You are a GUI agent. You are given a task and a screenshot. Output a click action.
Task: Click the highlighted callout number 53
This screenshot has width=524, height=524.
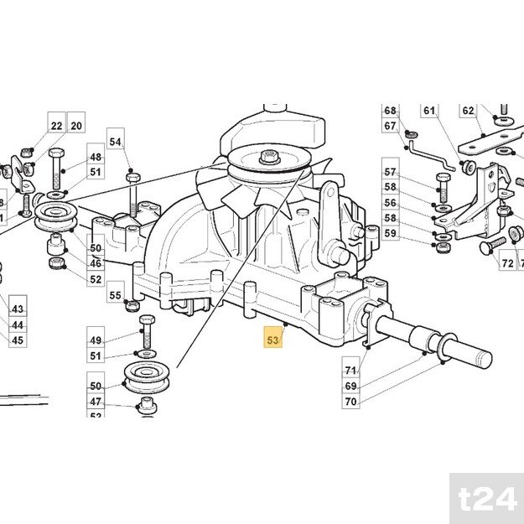click(x=272, y=340)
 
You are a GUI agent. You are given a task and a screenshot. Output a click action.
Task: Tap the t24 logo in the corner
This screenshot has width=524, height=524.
click(x=486, y=500)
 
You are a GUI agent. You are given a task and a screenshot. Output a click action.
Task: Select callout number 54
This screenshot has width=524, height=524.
click(x=116, y=143)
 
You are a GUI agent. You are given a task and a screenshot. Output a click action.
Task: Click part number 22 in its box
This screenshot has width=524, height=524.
click(x=56, y=126)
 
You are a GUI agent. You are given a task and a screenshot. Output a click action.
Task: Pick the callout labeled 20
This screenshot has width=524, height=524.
click(x=76, y=126)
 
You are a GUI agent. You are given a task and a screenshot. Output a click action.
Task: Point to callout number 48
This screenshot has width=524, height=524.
click(x=96, y=158)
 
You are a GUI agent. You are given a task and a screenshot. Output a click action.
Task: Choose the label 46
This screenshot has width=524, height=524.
click(x=96, y=263)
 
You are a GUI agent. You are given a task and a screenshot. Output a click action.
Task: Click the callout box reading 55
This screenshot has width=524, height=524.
click(x=116, y=295)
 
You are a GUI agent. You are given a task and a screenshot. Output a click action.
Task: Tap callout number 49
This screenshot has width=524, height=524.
click(x=96, y=340)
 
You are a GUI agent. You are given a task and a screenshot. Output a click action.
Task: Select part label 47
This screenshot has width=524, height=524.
click(x=96, y=402)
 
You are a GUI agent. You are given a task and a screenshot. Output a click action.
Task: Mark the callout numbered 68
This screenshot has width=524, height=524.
click(x=390, y=112)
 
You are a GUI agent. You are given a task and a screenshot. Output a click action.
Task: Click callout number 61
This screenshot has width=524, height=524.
click(x=429, y=111)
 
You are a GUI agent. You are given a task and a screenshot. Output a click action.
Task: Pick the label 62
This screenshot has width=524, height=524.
click(x=468, y=111)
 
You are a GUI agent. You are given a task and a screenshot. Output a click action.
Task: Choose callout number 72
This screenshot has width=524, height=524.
click(x=507, y=263)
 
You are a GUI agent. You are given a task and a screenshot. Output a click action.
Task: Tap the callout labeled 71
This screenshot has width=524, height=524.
click(x=350, y=370)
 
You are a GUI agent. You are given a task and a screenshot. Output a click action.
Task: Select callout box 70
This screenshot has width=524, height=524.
click(x=350, y=402)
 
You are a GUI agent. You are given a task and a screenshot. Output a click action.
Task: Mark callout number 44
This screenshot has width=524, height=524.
click(x=18, y=325)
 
